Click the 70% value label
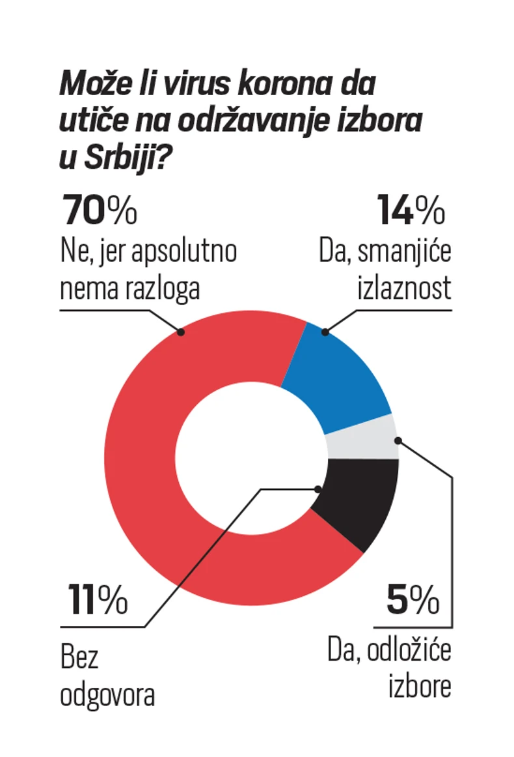pyautogui.click(x=100, y=210)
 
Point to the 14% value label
pyautogui.click(x=411, y=210)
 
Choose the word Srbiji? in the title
pyautogui.click(x=124, y=158)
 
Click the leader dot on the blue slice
pyautogui.click(x=325, y=332)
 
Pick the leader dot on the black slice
pyautogui.click(x=318, y=489)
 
